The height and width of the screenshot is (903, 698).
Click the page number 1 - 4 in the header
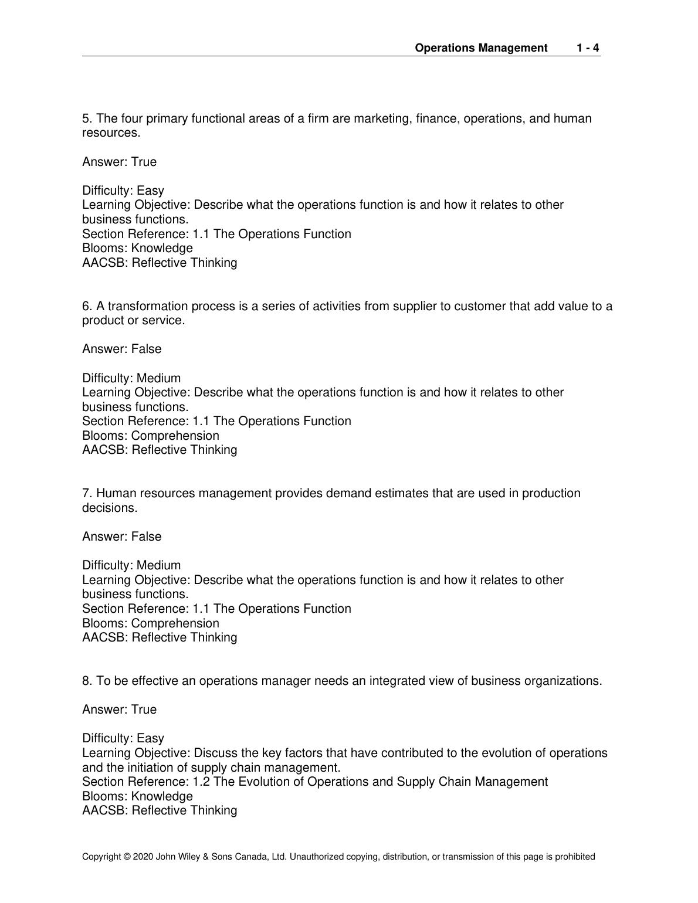[587, 48]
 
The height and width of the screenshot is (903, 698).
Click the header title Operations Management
[481, 48]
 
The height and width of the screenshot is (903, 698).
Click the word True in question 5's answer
[144, 162]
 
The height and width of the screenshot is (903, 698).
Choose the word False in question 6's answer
[146, 349]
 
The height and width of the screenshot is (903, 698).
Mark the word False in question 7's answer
[146, 537]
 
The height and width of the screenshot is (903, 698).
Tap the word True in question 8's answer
[144, 710]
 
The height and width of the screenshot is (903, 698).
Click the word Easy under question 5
[150, 191]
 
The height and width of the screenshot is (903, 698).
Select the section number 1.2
[201, 782]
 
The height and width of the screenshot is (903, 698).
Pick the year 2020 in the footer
[143, 857]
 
